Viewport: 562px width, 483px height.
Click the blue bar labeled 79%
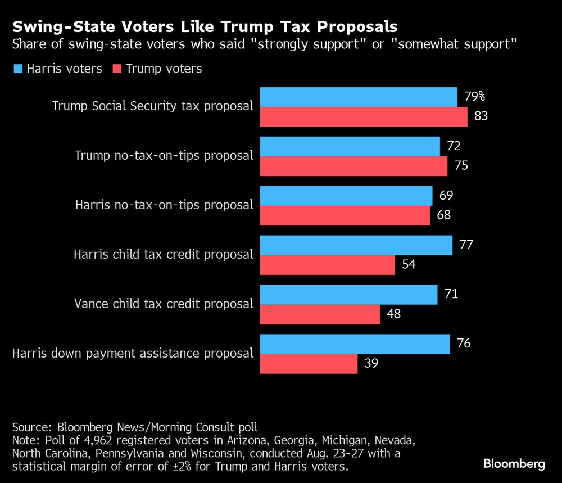(x=359, y=97)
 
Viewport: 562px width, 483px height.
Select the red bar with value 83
(x=363, y=117)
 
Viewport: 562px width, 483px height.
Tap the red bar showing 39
(x=309, y=364)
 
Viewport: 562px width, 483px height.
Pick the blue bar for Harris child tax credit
(x=356, y=245)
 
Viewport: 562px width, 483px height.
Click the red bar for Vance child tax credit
(x=320, y=314)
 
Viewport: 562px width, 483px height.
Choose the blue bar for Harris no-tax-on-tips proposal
(x=346, y=196)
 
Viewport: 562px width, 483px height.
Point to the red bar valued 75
(x=353, y=166)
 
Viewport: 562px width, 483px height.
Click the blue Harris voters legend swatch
(x=18, y=69)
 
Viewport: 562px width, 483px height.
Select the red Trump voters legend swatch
(x=117, y=69)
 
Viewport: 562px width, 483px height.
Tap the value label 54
(x=407, y=264)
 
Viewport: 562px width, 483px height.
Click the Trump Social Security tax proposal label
(x=153, y=106)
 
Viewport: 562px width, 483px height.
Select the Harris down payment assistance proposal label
(x=133, y=353)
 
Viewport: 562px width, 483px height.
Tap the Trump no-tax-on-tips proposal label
(x=164, y=155)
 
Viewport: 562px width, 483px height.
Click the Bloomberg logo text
(x=514, y=464)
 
